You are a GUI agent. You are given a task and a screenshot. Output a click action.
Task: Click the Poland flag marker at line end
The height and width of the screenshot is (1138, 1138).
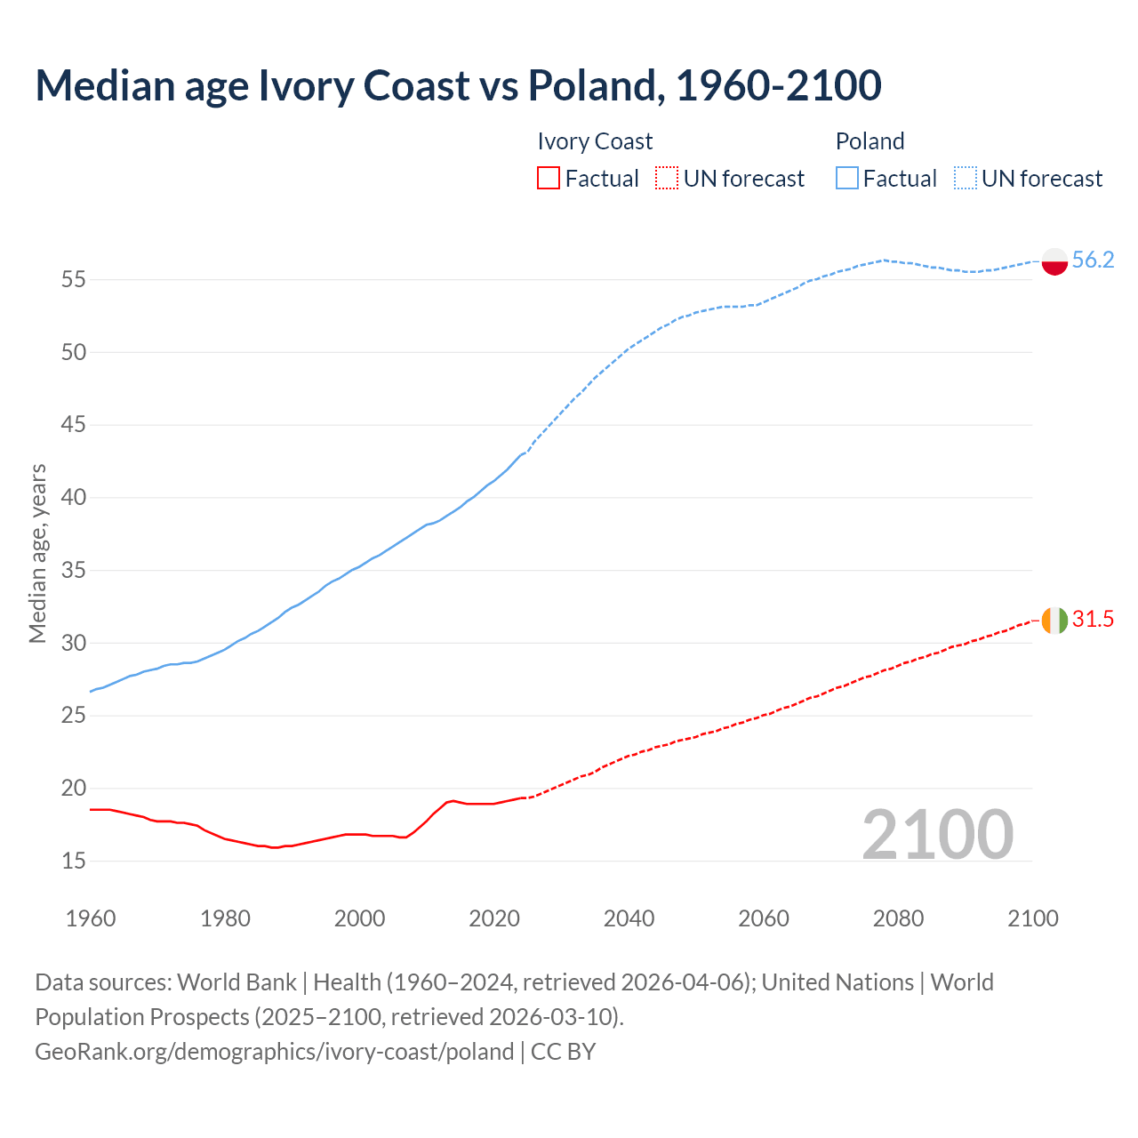click(1054, 261)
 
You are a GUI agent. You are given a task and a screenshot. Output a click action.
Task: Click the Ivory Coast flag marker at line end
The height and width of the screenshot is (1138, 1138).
click(1054, 620)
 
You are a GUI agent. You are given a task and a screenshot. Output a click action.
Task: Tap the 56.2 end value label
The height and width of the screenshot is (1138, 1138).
click(1093, 260)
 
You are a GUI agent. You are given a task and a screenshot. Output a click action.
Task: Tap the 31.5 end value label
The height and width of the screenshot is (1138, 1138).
click(1093, 619)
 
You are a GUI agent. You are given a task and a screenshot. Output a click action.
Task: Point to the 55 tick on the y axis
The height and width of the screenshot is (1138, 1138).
click(74, 280)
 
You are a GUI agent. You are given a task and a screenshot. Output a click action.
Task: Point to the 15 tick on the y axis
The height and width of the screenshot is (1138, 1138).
click(74, 861)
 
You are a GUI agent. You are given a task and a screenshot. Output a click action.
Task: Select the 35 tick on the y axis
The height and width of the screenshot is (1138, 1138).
click(74, 570)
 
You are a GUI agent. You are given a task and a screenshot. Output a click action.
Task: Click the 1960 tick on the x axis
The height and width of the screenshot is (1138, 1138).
click(91, 918)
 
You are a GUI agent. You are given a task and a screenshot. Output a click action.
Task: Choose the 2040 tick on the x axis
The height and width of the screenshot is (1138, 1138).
click(629, 918)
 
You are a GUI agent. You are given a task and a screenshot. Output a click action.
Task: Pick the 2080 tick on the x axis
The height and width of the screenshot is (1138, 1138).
click(898, 918)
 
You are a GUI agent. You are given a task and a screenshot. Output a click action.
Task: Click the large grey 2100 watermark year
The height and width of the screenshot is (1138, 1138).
click(937, 834)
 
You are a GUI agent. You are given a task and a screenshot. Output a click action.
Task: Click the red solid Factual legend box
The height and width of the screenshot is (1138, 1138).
click(549, 178)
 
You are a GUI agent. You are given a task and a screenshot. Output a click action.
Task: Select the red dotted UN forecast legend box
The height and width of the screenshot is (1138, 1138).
click(667, 178)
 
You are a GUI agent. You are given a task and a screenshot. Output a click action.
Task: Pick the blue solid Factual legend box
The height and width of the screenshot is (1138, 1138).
click(847, 178)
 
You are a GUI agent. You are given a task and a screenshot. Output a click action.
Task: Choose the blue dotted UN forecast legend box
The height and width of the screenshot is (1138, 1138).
click(966, 178)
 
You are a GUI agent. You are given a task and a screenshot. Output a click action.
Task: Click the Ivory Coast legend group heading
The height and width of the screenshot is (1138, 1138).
click(595, 141)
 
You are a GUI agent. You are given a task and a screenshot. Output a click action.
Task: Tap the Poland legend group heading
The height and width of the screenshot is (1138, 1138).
click(870, 141)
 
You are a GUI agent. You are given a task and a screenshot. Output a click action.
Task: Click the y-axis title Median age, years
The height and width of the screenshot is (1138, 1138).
click(37, 553)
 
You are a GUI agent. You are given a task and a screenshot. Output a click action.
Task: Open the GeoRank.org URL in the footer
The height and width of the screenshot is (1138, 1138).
click(274, 1051)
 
